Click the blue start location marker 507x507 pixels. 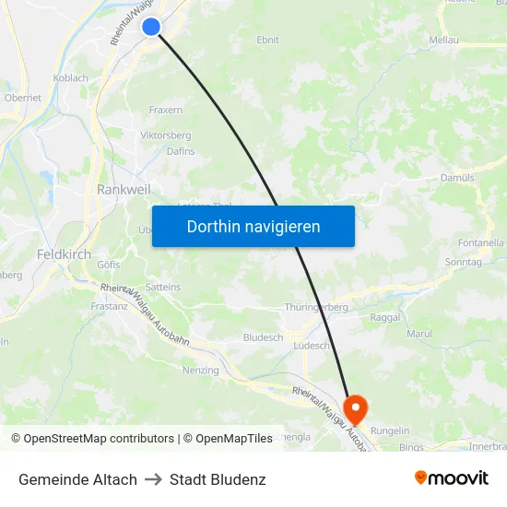[152, 28]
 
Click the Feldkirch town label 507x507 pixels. [63, 253]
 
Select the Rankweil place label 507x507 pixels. [118, 189]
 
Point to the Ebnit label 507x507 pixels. [267, 41]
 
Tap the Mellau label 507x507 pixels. [444, 41]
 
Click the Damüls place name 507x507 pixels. [457, 177]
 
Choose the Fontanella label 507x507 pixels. [480, 242]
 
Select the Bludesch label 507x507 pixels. [263, 338]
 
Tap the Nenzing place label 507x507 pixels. [201, 370]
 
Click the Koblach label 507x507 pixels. [70, 79]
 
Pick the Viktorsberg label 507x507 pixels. [166, 136]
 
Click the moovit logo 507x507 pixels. [452, 478]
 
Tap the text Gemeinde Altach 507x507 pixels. [77, 479]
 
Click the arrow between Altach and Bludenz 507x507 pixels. [153, 479]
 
